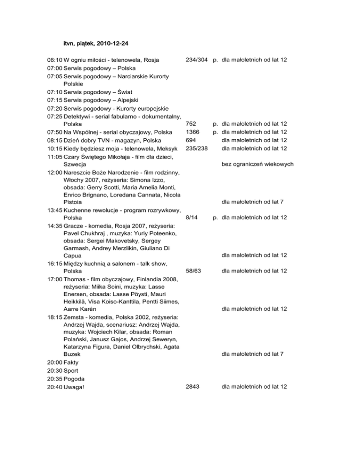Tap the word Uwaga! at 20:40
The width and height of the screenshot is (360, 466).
click(x=76, y=387)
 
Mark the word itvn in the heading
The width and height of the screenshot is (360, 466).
click(x=69, y=44)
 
